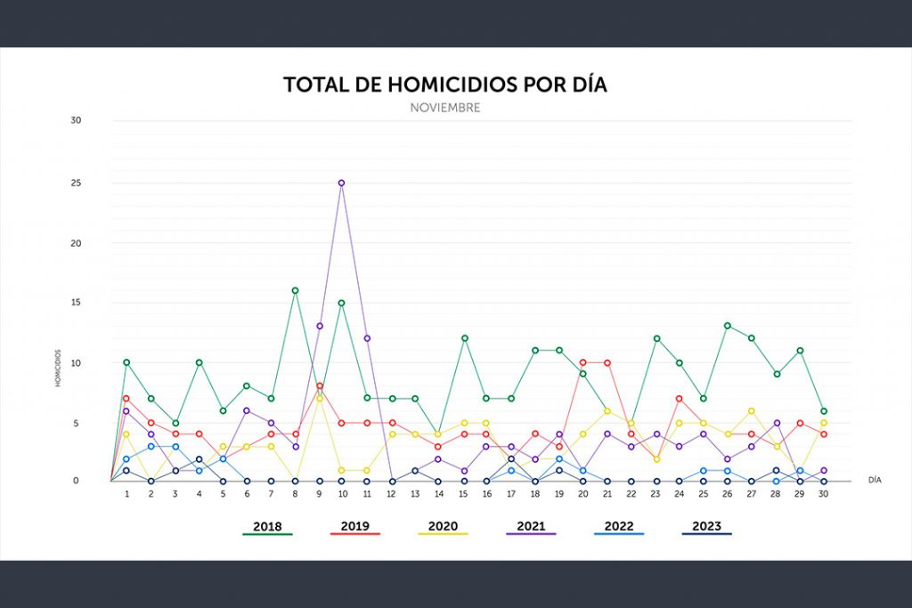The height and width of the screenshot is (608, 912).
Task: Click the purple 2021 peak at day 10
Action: pyautogui.click(x=341, y=182)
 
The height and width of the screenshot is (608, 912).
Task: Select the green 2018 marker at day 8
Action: pyautogui.click(x=295, y=290)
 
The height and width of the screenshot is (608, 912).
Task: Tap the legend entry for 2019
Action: pyautogui.click(x=355, y=526)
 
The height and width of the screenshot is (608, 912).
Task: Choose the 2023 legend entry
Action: pyautogui.click(x=707, y=526)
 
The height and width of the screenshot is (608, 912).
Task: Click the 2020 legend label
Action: pyautogui.click(x=443, y=526)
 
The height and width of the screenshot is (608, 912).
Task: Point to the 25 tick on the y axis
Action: pyautogui.click(x=76, y=183)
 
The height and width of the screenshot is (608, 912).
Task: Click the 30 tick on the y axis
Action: pyautogui.click(x=76, y=120)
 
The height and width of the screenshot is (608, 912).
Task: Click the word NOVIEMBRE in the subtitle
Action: pyautogui.click(x=445, y=108)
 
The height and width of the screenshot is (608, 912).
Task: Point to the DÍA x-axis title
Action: pyautogui.click(x=875, y=480)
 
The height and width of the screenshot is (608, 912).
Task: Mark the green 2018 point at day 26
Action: pyautogui.click(x=728, y=326)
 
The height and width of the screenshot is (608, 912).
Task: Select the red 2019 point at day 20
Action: pyautogui.click(x=583, y=362)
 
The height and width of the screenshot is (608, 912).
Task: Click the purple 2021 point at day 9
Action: pyautogui.click(x=319, y=326)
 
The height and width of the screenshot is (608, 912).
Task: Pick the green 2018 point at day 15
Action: pyautogui.click(x=464, y=338)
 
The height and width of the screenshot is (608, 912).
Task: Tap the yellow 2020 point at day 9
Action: pyautogui.click(x=319, y=398)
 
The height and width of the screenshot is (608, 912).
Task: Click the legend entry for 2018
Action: pyautogui.click(x=267, y=526)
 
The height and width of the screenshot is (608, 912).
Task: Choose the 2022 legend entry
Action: pyautogui.click(x=619, y=526)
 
